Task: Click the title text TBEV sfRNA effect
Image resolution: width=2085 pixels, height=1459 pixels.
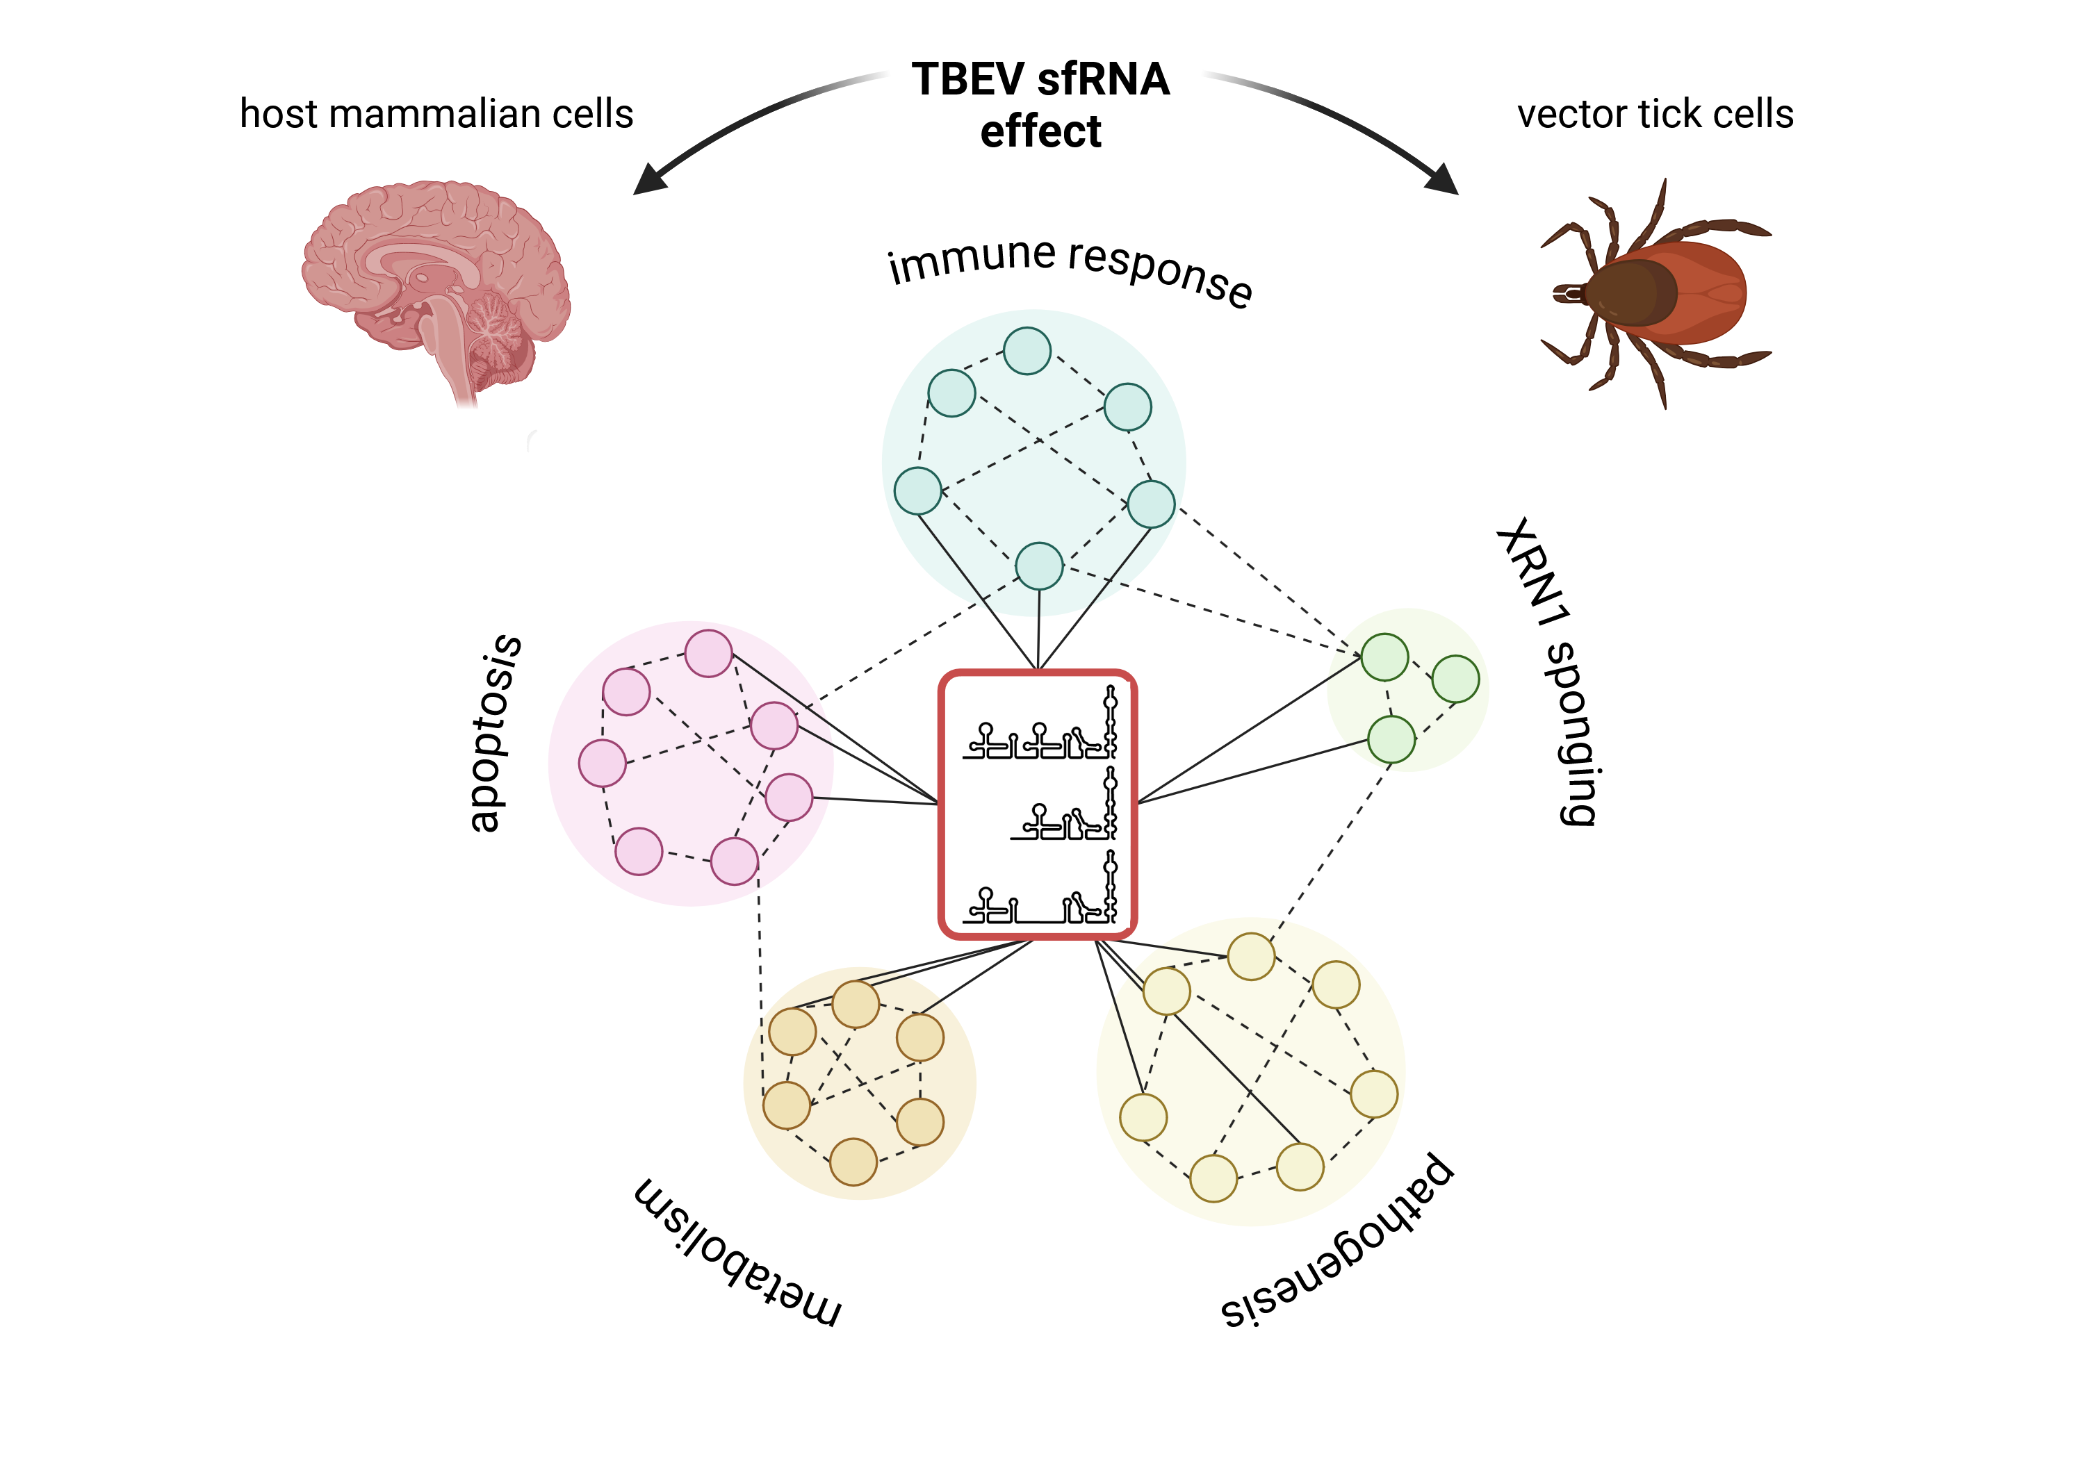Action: pos(1040,104)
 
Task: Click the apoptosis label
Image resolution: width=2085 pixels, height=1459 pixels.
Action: pos(495,733)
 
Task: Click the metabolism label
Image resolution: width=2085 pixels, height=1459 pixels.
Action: pos(737,1253)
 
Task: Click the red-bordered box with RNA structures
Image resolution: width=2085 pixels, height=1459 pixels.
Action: pos(1037,805)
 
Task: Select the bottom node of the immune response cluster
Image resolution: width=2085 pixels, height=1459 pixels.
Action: pos(1039,566)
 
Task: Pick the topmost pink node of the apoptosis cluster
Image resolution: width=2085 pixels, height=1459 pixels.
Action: pos(708,653)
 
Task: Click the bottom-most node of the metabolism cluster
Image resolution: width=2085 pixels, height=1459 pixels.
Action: pos(853,1161)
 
